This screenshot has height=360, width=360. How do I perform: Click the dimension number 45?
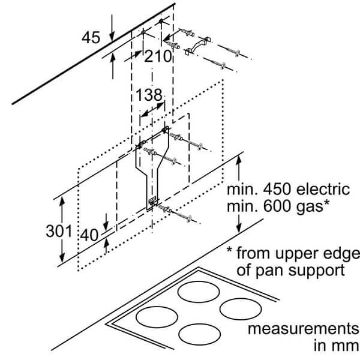(91, 38)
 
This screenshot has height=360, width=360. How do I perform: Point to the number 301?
(59, 231)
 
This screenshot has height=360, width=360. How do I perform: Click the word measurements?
(299, 330)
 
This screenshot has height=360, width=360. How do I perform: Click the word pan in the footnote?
(273, 269)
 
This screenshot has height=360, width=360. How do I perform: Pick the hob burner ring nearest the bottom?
(200, 334)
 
